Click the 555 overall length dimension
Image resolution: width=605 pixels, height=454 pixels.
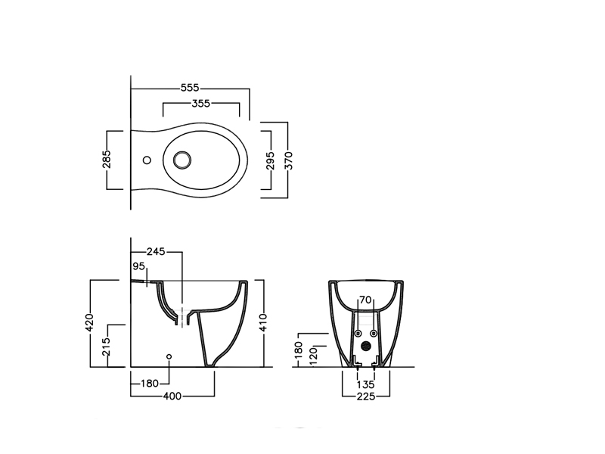coord(190,88)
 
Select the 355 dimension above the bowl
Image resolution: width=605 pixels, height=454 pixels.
coord(201,104)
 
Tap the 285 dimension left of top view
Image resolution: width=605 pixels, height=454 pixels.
coord(107,159)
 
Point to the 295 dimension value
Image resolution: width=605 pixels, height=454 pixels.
coord(271,160)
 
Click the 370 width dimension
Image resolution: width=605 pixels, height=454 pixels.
coord(288,160)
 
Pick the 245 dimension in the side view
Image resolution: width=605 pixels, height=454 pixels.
coord(156,252)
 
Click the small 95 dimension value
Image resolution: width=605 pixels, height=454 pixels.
coord(138,266)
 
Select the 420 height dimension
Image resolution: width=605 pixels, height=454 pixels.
coord(89,322)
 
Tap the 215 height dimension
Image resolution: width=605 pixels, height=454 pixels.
coord(107,347)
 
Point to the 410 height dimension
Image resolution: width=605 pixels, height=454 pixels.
coord(263,322)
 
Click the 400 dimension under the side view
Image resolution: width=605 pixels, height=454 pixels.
coord(172,396)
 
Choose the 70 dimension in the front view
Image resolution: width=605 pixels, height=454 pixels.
coord(365,300)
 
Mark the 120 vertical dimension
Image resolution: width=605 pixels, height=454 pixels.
coord(313,356)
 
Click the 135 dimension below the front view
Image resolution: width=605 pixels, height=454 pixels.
coord(365,384)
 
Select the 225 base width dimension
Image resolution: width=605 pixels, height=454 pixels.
coord(366,396)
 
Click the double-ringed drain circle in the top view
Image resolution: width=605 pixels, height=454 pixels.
coord(182,160)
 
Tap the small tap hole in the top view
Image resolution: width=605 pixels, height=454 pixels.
coord(147,160)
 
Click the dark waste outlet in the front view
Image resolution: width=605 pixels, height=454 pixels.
coord(366,347)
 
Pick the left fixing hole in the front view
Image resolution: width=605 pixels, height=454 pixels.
coord(358,333)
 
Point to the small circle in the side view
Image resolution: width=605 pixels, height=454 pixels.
coord(169,356)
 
